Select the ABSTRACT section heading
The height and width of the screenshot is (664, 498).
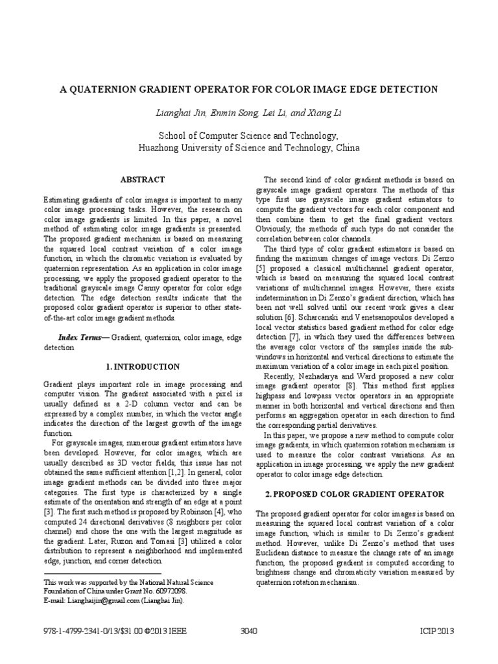point(143,179)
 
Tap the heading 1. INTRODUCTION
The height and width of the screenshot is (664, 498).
point(143,366)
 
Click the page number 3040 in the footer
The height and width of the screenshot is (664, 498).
point(249,631)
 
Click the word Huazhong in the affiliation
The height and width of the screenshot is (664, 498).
point(160,147)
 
